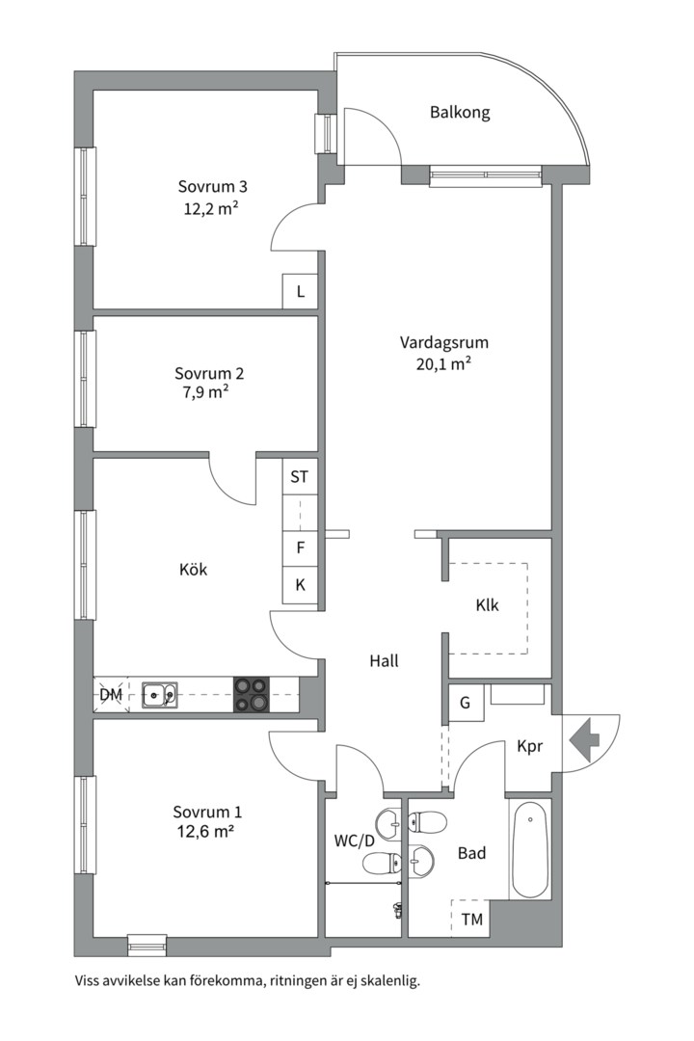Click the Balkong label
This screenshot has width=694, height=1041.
460,112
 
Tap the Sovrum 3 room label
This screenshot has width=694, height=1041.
212,187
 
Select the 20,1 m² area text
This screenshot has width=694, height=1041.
443,363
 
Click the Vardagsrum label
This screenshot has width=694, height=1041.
443,342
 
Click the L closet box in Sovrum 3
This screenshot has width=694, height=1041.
300,291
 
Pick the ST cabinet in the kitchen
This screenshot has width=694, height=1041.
300,476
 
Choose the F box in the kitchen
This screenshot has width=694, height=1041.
300,548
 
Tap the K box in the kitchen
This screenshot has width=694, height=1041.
300,585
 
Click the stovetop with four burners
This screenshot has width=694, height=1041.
252,695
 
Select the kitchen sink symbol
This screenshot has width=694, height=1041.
159,695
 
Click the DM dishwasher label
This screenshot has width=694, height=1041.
111,695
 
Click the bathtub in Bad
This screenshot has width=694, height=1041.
530,849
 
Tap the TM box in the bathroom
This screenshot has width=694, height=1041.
471,920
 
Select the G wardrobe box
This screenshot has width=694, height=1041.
465,703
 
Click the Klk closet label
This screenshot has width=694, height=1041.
487,604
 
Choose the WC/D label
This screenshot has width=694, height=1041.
354,841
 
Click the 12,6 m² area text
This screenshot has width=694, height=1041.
205,831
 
